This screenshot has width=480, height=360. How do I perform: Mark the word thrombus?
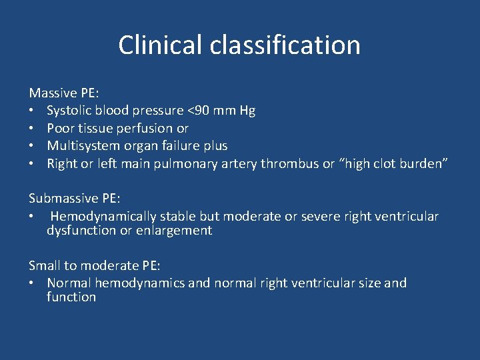pos(290,163)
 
